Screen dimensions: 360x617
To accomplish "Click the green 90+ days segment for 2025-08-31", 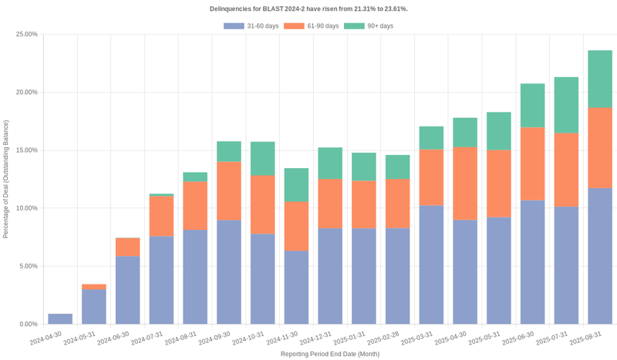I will (600, 79).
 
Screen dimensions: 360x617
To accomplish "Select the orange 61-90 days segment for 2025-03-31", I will (431, 177).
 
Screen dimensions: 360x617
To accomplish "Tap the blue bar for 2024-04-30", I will (60, 319).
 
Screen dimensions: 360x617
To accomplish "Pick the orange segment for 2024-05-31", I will (94, 287).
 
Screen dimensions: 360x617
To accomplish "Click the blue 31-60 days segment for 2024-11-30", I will (296, 288).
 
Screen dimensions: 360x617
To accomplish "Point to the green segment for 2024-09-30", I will (229, 151).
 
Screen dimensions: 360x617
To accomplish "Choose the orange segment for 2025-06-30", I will (532, 163).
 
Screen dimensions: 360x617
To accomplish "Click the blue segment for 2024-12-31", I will (330, 276).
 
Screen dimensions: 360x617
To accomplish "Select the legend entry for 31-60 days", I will (251, 26).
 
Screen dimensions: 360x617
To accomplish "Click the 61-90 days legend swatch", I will (294, 26).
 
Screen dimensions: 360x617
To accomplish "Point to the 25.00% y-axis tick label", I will (26, 35).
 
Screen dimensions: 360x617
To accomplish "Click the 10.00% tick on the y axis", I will (26, 208).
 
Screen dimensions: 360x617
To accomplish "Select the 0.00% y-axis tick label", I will (28, 324).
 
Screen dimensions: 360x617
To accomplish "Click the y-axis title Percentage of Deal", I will (6, 179).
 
